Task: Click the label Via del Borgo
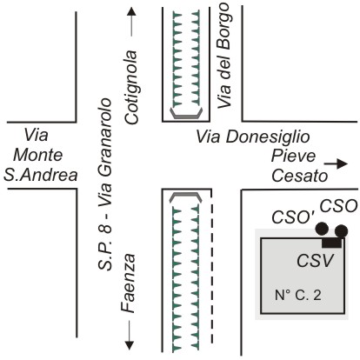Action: pos(224,56)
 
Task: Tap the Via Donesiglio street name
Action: pos(253,137)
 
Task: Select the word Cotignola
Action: pos(130,87)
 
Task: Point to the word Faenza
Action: pos(128,283)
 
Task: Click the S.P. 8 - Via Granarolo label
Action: pos(104,184)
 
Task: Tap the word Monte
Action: pos(37,155)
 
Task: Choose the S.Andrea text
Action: pos(41,175)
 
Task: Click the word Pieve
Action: pos(293,156)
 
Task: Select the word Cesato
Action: pos(300,176)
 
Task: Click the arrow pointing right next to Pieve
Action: pos(336,164)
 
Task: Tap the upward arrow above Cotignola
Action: pos(131,22)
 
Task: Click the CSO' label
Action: pos(293,217)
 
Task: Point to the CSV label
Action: pos(316,261)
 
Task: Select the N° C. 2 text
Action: pos(298,296)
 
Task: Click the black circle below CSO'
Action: pos(322,229)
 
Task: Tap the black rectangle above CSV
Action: pos(332,243)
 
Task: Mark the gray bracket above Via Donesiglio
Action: pos(186,113)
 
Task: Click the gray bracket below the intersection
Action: pos(186,197)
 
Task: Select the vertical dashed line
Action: pos(211,266)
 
